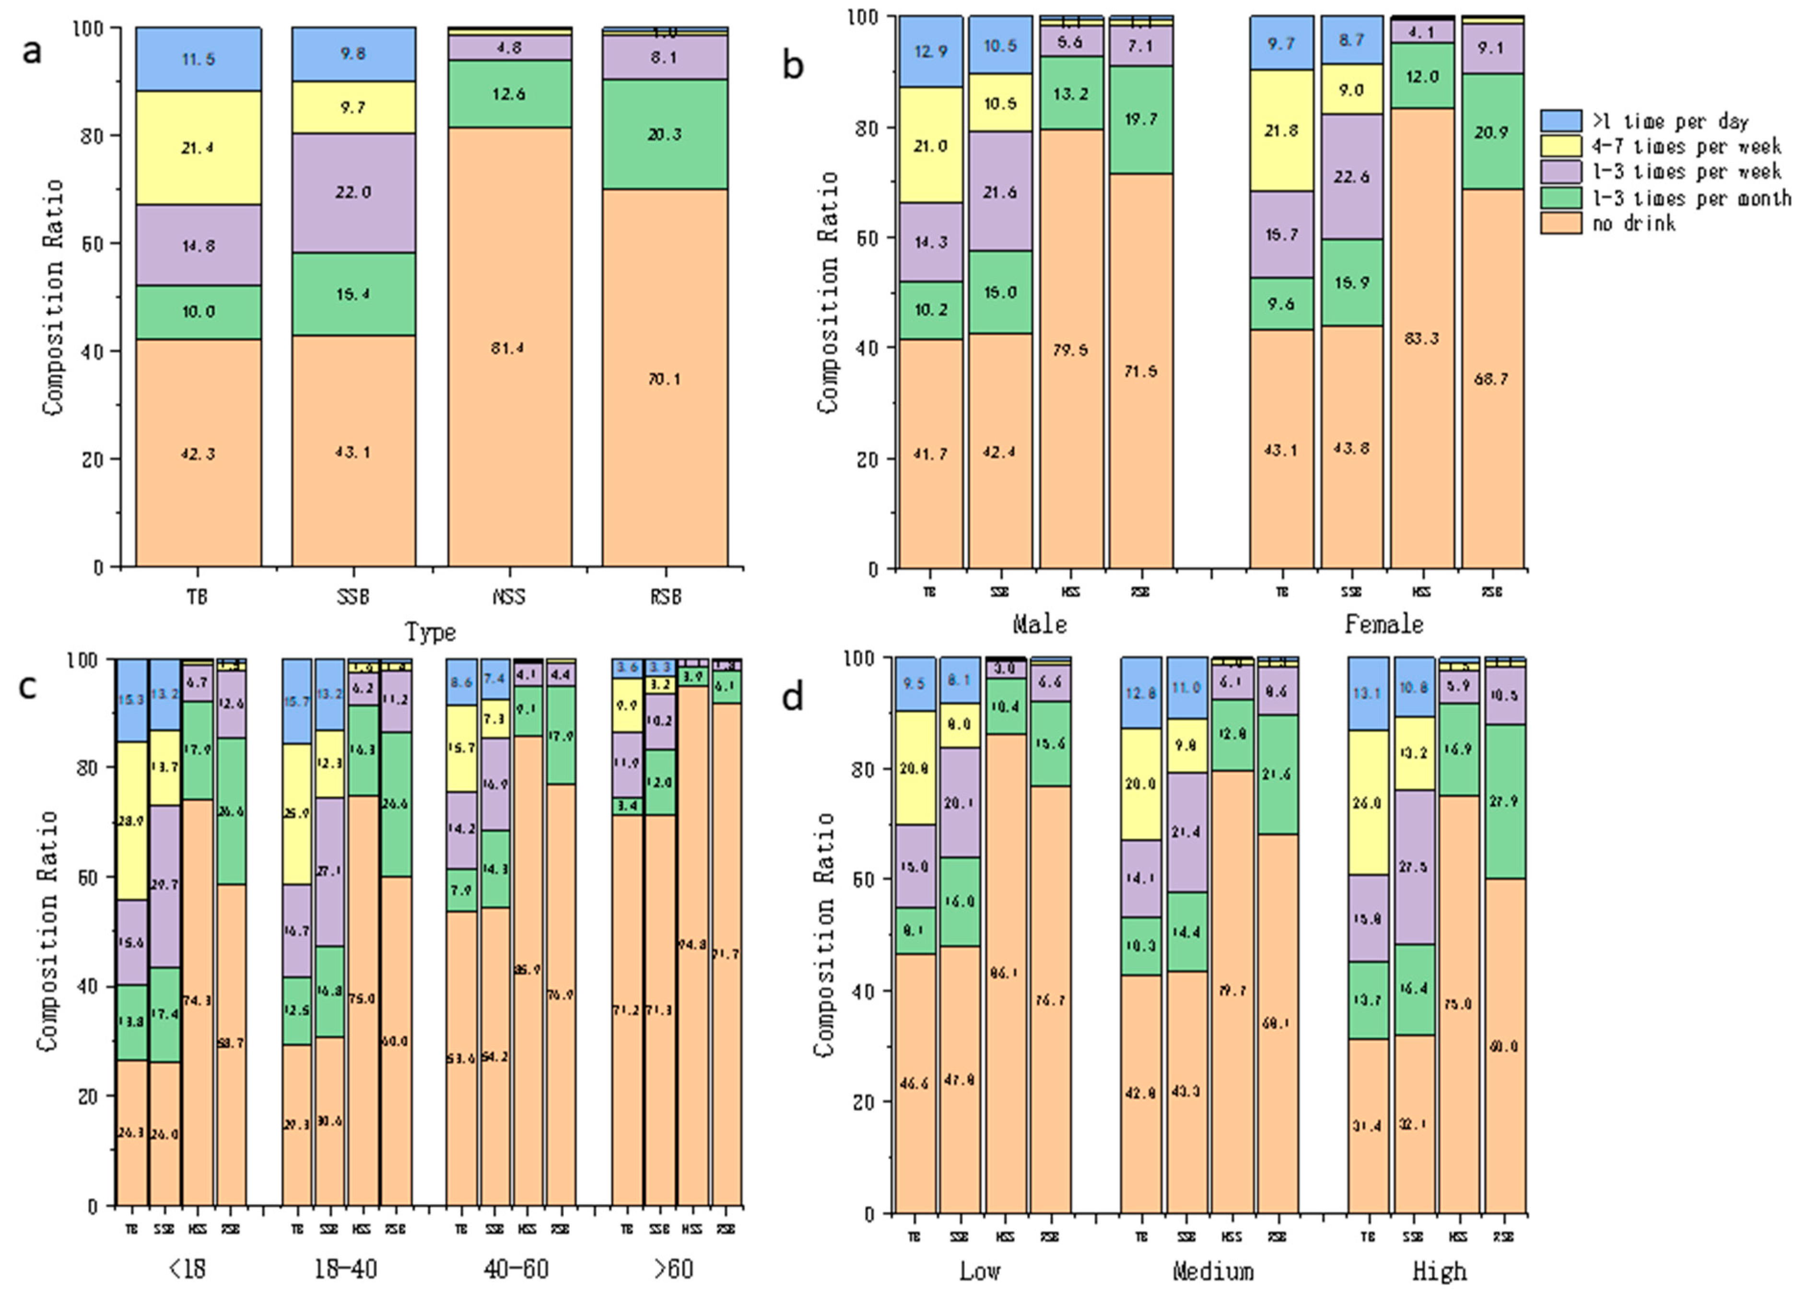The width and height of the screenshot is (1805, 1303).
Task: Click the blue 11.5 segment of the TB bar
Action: (x=198, y=59)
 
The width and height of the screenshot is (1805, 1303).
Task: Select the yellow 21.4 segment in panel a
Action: (x=198, y=147)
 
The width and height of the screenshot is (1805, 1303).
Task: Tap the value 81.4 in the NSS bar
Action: (x=508, y=348)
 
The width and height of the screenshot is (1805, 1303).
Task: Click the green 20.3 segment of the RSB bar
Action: (x=665, y=134)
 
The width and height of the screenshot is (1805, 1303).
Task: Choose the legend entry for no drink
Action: (x=1633, y=223)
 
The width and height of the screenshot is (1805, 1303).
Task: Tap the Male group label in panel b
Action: (x=1039, y=624)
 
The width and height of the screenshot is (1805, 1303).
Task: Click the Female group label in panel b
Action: (x=1384, y=624)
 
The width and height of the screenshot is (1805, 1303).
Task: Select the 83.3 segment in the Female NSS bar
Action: (x=1421, y=338)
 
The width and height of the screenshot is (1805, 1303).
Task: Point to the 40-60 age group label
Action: (x=516, y=1269)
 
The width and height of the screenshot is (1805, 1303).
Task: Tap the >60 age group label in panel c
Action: (x=673, y=1269)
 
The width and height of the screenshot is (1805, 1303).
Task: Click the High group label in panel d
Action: (x=1439, y=1271)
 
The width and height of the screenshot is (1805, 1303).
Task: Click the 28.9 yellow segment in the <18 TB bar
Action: (x=132, y=821)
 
